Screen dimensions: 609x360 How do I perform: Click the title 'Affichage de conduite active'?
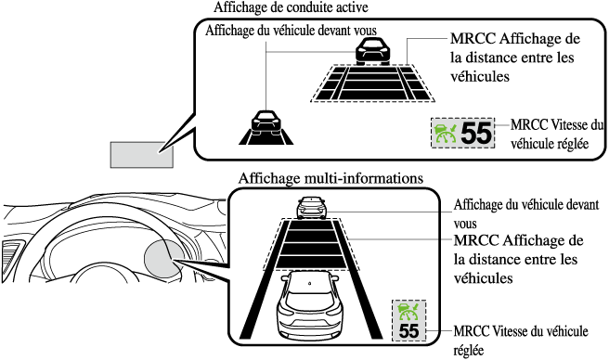point(291,7)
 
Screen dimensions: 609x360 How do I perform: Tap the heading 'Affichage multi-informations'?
point(330,178)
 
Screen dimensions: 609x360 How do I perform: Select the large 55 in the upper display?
point(476,134)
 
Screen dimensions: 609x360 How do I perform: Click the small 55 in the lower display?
point(409,331)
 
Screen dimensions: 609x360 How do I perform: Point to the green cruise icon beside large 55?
point(446,133)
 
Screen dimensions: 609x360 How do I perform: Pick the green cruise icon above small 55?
point(409,311)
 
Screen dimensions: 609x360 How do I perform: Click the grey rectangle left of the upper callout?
point(141,155)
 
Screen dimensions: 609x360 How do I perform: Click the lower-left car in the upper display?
point(266,122)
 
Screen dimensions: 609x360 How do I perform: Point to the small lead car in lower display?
point(311,208)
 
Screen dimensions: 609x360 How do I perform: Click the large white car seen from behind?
point(310,305)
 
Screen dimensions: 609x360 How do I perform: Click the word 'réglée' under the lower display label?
point(469,350)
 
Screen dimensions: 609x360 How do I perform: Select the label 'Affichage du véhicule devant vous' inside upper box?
point(291,31)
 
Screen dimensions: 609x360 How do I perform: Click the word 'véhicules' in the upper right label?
point(480,76)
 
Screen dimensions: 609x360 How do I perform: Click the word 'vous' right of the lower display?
point(465,224)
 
